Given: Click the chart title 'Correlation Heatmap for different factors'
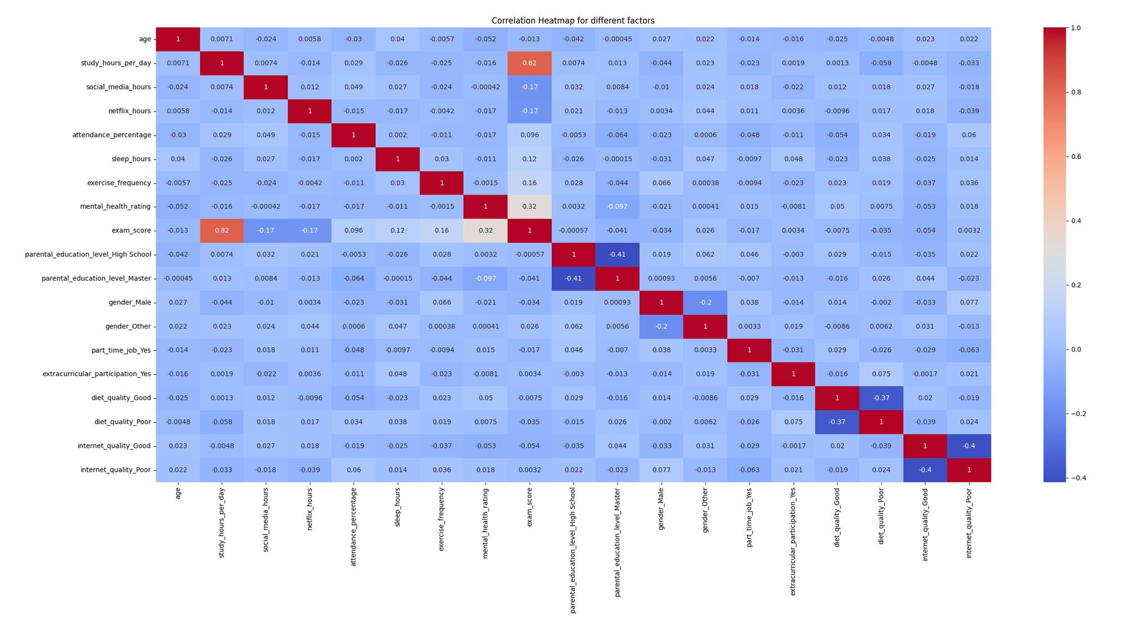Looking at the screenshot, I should click(x=573, y=21).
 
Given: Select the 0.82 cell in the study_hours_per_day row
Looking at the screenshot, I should click(x=529, y=63).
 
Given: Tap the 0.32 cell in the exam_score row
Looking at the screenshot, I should click(x=485, y=231).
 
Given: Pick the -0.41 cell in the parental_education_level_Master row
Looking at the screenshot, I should click(x=573, y=278).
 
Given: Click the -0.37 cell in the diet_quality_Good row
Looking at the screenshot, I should click(x=881, y=398).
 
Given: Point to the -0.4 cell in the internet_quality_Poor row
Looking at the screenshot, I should click(x=925, y=470).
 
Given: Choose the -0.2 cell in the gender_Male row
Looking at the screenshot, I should click(x=705, y=302).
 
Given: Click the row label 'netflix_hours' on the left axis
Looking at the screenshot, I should click(x=129, y=111).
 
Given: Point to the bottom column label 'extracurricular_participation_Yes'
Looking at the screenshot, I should click(x=793, y=542).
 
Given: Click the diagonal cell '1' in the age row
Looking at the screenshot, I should click(x=178, y=39).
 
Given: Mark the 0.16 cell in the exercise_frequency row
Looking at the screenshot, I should click(x=529, y=183).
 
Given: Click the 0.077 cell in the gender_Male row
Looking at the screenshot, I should click(x=969, y=302).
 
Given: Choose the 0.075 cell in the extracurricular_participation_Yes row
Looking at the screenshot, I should click(x=881, y=374).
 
